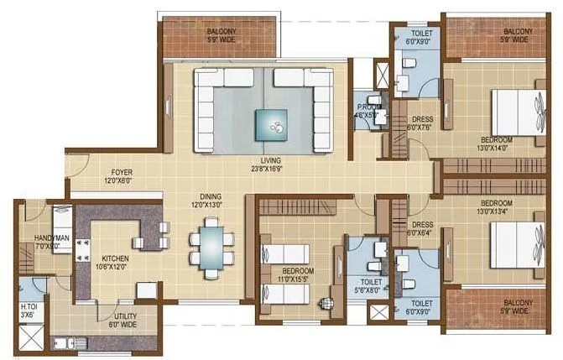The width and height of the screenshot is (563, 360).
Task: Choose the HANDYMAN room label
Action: click(x=51, y=243)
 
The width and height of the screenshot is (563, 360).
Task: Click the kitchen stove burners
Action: click(x=83, y=249)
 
